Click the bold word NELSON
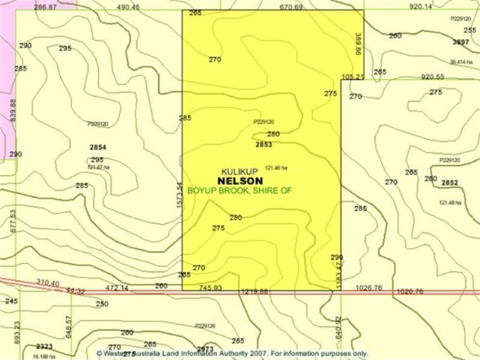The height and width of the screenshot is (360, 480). pos(239,181)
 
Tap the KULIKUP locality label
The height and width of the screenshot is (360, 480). pos(239,172)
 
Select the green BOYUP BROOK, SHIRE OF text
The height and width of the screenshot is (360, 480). pos(239,190)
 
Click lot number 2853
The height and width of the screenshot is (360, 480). pos(263,145)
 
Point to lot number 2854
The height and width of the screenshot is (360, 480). pos(98,147)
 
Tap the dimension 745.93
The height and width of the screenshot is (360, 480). pos(210,288)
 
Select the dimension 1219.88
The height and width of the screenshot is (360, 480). pos(254,292)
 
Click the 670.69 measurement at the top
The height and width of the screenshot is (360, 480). pos(291,7)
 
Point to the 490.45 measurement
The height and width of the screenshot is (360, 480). pos(128,7)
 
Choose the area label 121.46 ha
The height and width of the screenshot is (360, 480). pos(276,168)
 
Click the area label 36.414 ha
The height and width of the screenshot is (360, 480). pos(461,62)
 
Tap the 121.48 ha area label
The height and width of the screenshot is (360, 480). pos(449,203)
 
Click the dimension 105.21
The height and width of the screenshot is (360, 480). pos(352,77)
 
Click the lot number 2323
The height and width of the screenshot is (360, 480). pos(44,346)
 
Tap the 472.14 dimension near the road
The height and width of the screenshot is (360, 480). pos(117,288)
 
